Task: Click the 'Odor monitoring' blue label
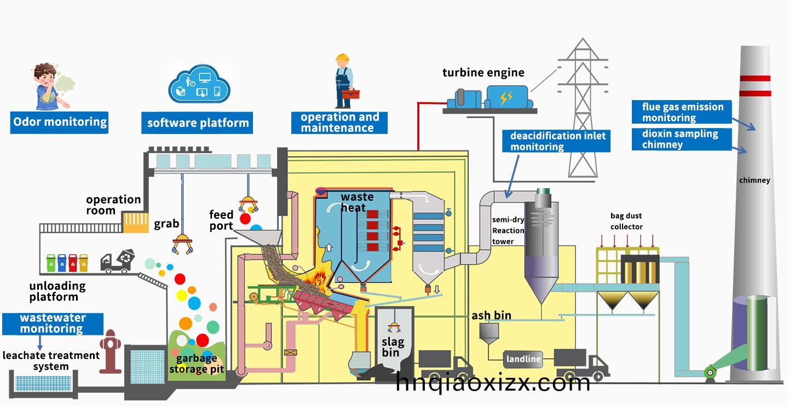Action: (x=60, y=121)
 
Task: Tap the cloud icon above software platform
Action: (x=198, y=86)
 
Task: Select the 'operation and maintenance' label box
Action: (x=339, y=123)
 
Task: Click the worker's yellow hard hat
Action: (x=343, y=57)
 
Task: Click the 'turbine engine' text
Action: (x=483, y=73)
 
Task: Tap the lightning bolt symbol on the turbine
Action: (x=506, y=98)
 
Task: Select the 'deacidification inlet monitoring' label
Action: (x=558, y=141)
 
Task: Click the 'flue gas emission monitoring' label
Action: (x=683, y=112)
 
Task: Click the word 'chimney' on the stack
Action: (x=755, y=180)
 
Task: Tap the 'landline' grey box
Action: (x=523, y=359)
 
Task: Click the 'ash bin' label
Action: (x=491, y=316)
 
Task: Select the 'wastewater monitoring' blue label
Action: (x=52, y=323)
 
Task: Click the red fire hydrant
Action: (x=111, y=352)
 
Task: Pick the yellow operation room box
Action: (x=135, y=222)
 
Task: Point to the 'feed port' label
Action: (x=221, y=220)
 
